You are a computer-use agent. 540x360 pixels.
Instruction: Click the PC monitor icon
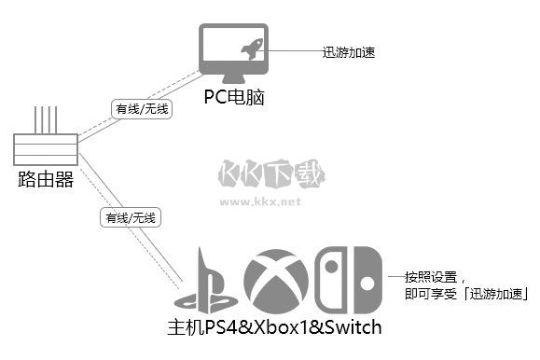tap(233, 52)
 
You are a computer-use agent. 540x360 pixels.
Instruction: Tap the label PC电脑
tap(234, 96)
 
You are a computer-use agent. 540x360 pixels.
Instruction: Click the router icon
tap(45, 146)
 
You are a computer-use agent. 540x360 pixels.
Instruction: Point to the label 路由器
tap(45, 179)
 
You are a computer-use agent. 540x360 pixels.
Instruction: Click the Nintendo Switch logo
tap(347, 279)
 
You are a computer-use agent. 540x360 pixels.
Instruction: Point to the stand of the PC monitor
tap(233, 78)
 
